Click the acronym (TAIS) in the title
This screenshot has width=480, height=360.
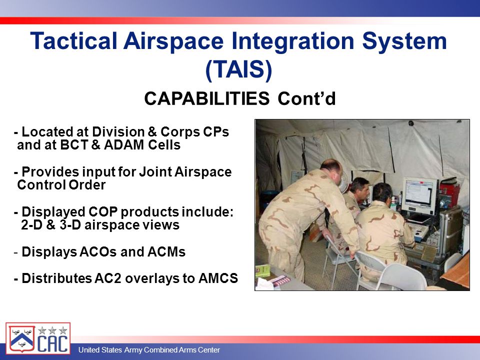pos(239,70)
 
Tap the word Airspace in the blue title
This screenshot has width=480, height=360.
pos(173,41)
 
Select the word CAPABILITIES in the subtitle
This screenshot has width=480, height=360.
pos(206,98)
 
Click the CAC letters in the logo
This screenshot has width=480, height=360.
pos(52,343)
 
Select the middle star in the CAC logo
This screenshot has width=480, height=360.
pos(52,330)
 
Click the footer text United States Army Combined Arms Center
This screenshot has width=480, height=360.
pos(149,349)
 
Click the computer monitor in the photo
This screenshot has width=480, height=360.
pos(419,195)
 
